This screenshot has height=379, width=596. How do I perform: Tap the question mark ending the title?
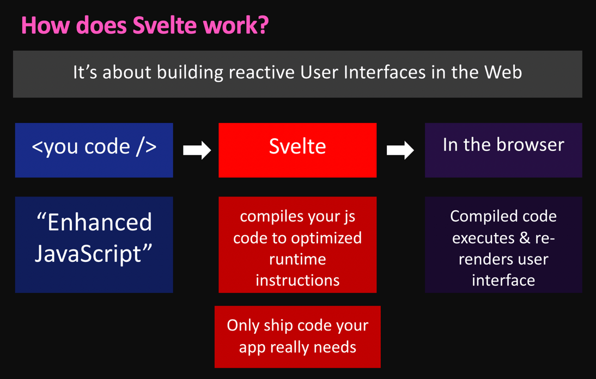click(x=263, y=26)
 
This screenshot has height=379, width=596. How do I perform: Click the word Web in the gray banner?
click(x=504, y=72)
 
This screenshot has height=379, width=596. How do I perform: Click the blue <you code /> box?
click(x=94, y=150)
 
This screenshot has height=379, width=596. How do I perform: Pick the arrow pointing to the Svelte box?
click(x=197, y=150)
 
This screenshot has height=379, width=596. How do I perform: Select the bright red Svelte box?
click(x=297, y=150)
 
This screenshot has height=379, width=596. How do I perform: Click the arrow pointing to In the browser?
click(x=400, y=150)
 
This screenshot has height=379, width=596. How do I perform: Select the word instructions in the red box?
click(x=297, y=280)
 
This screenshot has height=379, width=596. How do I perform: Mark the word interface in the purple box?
click(x=503, y=280)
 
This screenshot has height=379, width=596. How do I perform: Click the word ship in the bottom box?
click(x=278, y=325)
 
